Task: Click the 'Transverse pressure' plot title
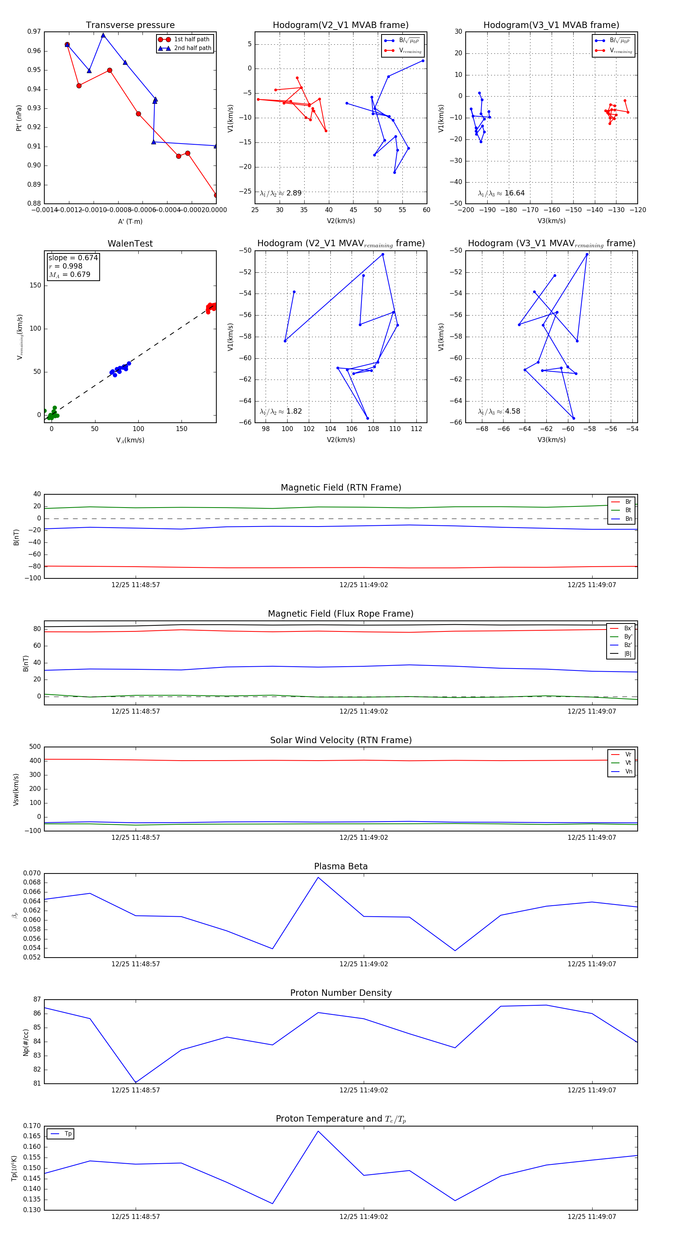[x=130, y=25]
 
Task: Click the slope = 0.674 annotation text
[x=73, y=258]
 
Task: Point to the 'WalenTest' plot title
[x=130, y=244]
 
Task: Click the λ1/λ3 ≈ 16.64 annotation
[x=501, y=193]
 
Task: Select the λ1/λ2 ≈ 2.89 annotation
[x=280, y=193]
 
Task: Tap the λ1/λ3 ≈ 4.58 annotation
[x=499, y=411]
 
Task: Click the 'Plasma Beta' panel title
[x=341, y=866]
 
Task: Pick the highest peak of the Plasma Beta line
[x=318, y=877]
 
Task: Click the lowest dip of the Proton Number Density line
[x=135, y=1083]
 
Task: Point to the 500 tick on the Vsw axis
[x=35, y=747]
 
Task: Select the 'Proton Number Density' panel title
[x=341, y=993]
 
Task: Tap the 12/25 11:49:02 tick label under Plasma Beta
[x=364, y=964]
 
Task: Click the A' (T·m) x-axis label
[x=130, y=221]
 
